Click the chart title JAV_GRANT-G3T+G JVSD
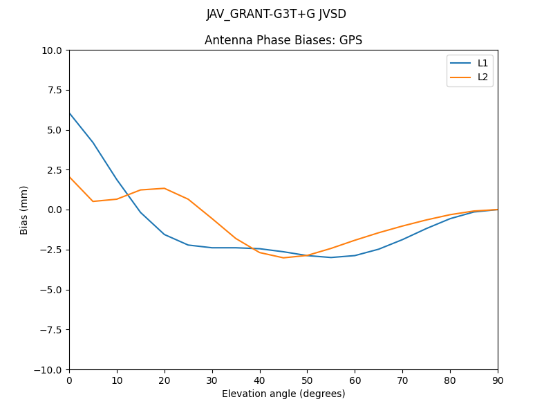[x=276, y=15]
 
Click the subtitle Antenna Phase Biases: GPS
[x=283, y=40]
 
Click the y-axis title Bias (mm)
[x=24, y=210]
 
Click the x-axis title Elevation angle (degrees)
[x=283, y=394]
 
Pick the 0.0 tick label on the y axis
[x=55, y=210]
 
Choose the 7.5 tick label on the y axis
[x=55, y=90]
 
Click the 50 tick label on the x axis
[x=307, y=380]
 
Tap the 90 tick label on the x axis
[x=498, y=380]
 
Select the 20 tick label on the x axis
[x=165, y=380]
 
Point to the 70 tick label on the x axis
[x=402, y=380]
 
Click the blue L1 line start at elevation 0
[x=70, y=113]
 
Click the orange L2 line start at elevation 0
[x=70, y=177]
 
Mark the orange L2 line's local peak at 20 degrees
[x=165, y=188]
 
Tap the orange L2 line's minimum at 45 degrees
[x=283, y=257]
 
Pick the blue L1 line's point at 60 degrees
[x=355, y=255]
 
